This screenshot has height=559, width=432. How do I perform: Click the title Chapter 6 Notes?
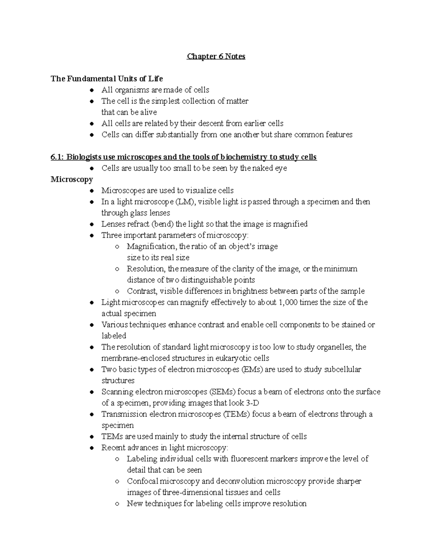[216, 57]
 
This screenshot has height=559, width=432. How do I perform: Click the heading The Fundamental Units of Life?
[107, 78]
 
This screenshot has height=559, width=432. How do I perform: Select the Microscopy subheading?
[72, 179]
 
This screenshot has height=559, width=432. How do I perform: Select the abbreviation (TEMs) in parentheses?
[237, 414]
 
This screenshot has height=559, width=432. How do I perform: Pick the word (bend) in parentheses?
[162, 224]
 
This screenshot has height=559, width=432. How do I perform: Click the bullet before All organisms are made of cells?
[93, 90]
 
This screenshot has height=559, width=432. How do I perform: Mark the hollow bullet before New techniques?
[117, 504]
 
